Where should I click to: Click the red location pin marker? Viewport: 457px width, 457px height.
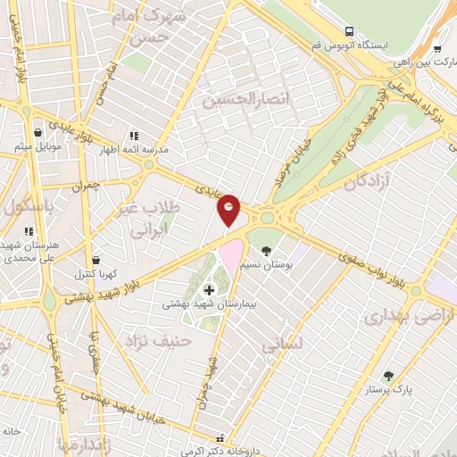click(x=229, y=209)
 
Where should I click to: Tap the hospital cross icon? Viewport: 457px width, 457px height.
click(x=210, y=289)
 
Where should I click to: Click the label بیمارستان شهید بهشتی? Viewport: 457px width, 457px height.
click(x=209, y=304)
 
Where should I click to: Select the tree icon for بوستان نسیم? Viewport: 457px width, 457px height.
click(x=265, y=237)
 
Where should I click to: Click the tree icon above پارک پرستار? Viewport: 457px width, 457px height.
click(x=386, y=376)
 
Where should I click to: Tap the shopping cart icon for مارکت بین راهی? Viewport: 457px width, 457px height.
click(x=436, y=50)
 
